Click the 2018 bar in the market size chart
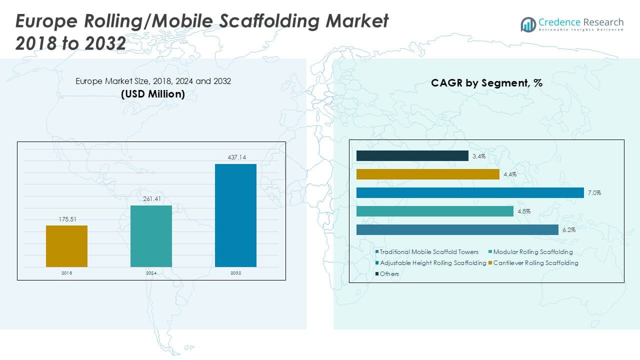coord(66,246)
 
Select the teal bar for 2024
coord(151,236)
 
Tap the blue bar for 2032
coord(235,215)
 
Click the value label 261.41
coord(151,199)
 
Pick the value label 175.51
coord(66,219)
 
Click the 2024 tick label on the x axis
coord(151,273)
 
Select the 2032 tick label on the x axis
coord(235,273)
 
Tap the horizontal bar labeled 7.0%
coord(470,192)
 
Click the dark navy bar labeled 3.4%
coord(412,156)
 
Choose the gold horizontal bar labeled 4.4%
coord(427,174)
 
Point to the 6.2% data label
coord(568,230)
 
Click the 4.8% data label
coord(523,211)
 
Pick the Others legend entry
coord(389,274)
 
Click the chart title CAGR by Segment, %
coord(486,83)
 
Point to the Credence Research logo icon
coord(528,24)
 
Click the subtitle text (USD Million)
coord(153,94)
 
